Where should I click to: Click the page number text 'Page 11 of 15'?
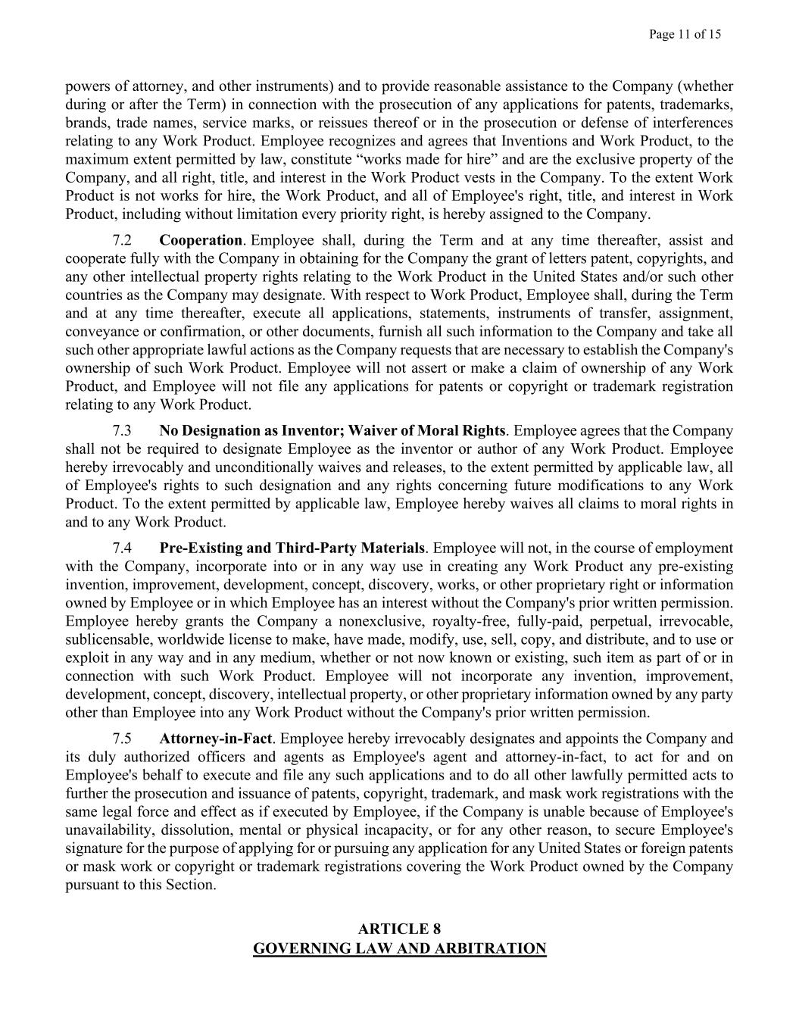pos(685,34)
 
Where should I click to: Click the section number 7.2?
pos(122,241)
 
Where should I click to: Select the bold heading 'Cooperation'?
pos(201,241)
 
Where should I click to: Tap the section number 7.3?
pos(122,431)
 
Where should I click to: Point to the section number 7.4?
pos(122,548)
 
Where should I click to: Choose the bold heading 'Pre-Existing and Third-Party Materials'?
pos(292,548)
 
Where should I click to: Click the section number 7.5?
pos(122,739)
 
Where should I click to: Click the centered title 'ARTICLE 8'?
pos(399,929)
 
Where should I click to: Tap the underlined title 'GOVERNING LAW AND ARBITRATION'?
pos(399,948)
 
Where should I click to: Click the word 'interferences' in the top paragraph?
pos(691,123)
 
